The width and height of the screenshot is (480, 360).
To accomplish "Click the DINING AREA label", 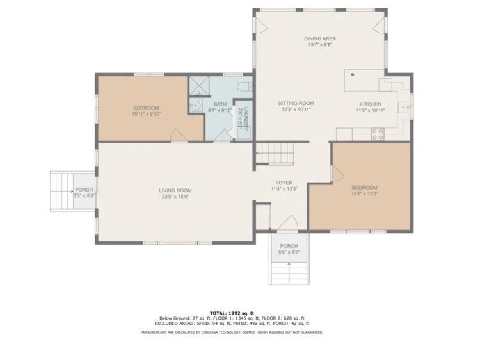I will [x=319, y=38].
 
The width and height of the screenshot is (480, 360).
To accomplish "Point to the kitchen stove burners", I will [x=378, y=134].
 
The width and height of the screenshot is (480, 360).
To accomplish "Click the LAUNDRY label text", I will [x=241, y=119].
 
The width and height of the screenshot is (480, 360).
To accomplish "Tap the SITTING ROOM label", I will [x=296, y=103].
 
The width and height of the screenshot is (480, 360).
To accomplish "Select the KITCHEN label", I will [x=370, y=104].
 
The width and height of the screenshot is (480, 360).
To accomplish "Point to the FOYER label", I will [x=284, y=183].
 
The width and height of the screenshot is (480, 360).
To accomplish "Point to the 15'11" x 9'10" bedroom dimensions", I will [x=146, y=114].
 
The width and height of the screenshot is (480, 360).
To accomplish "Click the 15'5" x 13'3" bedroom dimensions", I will [x=364, y=193].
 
